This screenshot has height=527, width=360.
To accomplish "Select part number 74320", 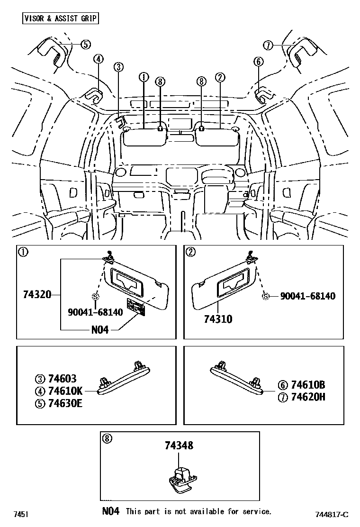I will (37, 295).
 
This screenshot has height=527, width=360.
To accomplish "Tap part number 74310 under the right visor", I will (218, 319).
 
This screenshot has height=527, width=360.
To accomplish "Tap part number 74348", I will (179, 445).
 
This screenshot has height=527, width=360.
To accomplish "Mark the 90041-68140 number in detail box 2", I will (307, 296).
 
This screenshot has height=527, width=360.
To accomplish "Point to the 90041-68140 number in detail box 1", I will (94, 312).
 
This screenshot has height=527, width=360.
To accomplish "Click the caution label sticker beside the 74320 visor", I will (135, 308).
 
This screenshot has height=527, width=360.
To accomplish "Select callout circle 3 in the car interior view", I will (118, 67).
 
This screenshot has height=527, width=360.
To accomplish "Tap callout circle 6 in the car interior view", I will (258, 61).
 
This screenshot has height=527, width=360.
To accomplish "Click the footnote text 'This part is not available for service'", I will (198, 511).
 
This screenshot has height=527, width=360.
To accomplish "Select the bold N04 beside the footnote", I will (111, 511).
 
